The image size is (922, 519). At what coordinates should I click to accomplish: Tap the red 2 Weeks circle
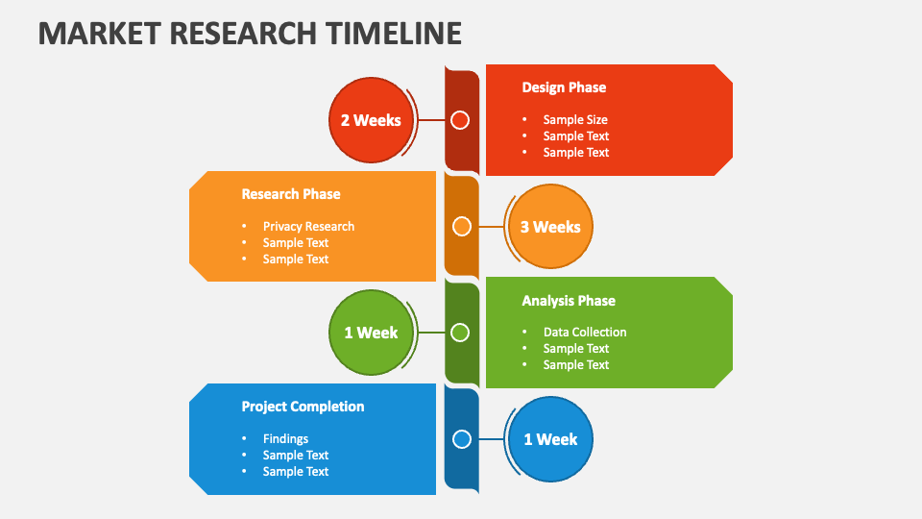pos(371,120)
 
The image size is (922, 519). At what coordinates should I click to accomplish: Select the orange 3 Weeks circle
pos(550,227)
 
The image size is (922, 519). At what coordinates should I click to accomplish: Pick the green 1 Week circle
pos(371,333)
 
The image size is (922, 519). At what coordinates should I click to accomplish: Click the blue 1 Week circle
pos(550,439)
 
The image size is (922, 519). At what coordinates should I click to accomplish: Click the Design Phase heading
pos(564,87)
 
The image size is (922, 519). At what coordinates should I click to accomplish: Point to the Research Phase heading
pos(291,194)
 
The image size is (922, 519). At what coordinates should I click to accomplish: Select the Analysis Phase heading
pos(569,301)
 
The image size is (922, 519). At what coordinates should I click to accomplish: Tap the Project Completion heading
pos(303,407)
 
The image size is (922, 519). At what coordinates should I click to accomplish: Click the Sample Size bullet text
pos(575,120)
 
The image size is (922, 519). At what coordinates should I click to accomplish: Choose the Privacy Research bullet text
pos(308,227)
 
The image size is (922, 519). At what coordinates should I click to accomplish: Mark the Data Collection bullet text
pos(585,333)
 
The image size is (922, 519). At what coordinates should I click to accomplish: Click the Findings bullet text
pos(285,439)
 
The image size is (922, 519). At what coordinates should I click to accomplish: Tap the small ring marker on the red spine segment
pos(460,120)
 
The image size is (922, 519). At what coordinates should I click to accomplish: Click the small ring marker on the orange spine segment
pos(462,227)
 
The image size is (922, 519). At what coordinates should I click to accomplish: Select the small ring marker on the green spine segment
pos(460,333)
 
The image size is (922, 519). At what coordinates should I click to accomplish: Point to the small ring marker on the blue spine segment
pos(462,439)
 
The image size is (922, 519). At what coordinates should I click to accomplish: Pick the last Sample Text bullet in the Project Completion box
pos(296,472)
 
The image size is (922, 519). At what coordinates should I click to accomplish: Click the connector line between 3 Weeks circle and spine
pos(490,227)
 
